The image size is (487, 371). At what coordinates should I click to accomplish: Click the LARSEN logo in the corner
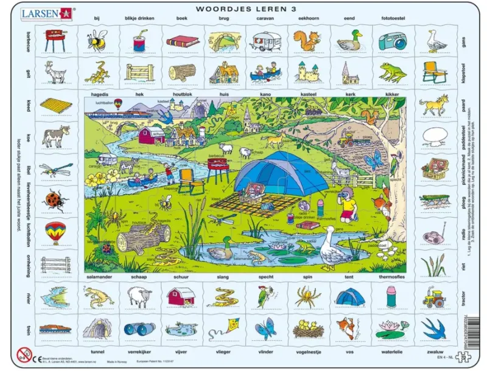[x=46, y=12]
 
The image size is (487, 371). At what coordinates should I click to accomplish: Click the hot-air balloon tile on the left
[x=55, y=232]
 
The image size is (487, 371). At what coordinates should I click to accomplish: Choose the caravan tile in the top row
[x=265, y=41]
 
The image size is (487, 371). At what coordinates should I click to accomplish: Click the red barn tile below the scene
[x=181, y=297]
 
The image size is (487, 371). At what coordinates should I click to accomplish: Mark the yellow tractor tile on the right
[x=434, y=298]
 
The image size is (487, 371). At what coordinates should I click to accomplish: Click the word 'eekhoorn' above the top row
[x=308, y=19]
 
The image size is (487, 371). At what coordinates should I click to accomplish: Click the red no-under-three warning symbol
[x=24, y=354]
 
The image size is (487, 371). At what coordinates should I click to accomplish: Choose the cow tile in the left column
[x=55, y=135]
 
